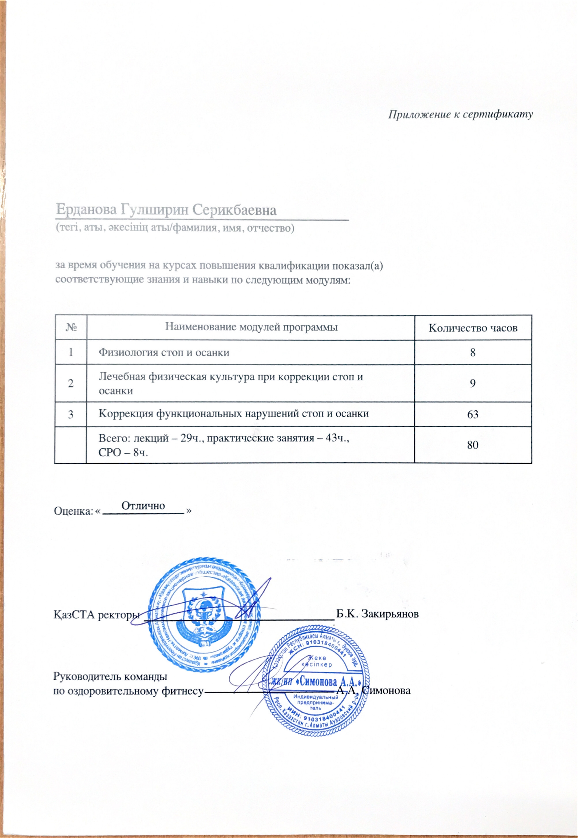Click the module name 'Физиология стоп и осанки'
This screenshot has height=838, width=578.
164,352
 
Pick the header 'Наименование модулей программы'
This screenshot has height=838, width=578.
251,327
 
